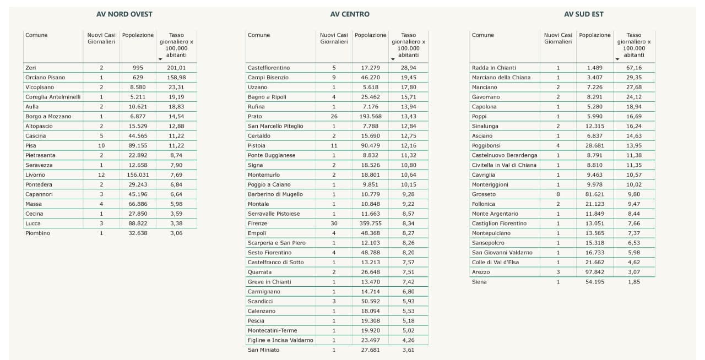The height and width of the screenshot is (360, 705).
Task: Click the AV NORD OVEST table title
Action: pos(124,14)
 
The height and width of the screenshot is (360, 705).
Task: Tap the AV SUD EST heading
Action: pos(583,14)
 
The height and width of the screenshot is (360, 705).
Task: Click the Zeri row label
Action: pos(30,68)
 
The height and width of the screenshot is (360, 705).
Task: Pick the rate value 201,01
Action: pos(176,68)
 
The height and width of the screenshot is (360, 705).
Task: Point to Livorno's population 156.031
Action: pos(138,175)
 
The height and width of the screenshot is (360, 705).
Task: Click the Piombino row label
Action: pos(37,233)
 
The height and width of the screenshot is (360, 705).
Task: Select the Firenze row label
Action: pos(257,223)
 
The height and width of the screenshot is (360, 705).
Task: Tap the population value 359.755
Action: pos(370,223)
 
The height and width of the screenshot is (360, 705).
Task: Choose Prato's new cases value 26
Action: pos(334,116)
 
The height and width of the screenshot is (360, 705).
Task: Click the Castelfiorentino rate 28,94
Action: pos(408,68)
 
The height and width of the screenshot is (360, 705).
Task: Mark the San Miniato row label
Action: pos(263,350)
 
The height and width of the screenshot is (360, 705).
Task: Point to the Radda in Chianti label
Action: pos(493,68)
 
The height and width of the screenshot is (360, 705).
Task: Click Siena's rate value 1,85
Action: pos(633,282)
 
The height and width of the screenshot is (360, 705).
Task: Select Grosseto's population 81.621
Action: pos(595,194)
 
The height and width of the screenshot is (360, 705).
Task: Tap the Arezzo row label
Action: pos(480,272)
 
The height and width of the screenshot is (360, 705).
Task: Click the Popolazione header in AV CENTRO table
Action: pos(370,35)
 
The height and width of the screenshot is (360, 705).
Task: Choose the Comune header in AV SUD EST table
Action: pos(483,35)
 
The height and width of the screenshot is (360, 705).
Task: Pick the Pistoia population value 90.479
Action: pos(370,145)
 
